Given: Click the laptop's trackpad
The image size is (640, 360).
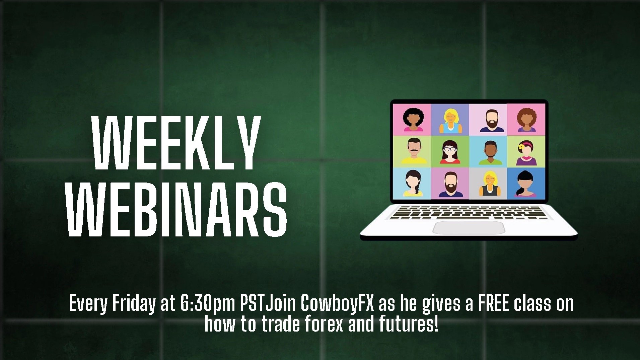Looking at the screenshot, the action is point(469,228).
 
